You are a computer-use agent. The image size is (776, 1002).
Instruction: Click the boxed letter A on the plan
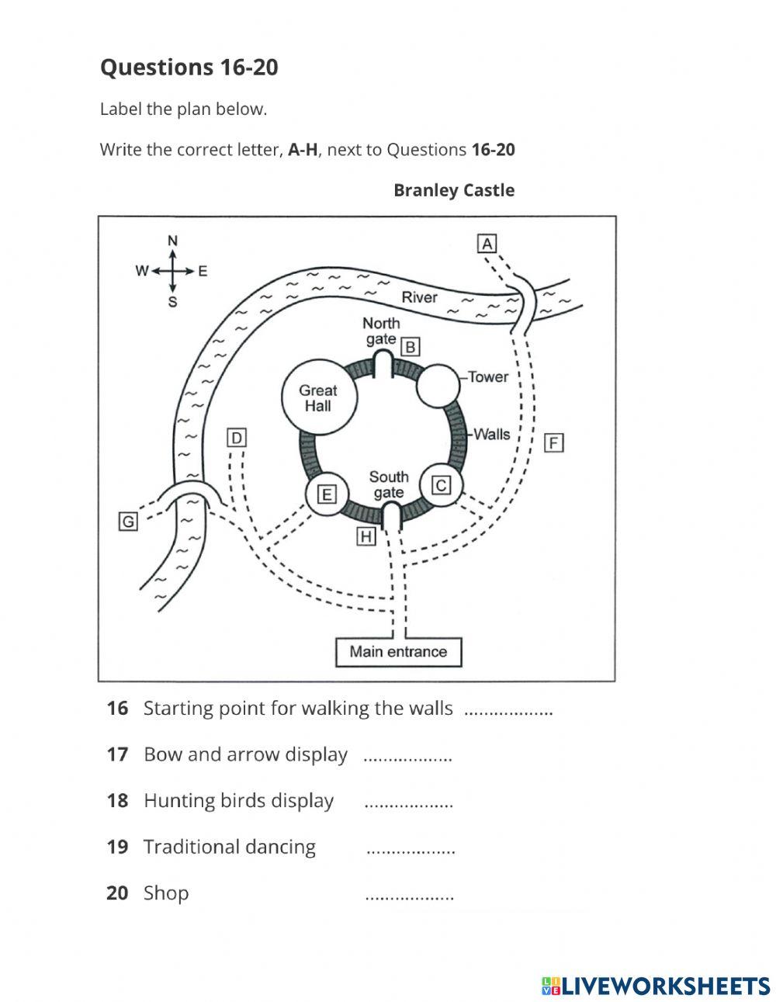(487, 244)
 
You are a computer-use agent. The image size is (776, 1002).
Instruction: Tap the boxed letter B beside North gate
(411, 346)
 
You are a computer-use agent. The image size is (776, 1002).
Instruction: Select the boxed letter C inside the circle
(441, 486)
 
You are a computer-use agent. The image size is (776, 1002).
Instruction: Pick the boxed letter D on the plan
(237, 438)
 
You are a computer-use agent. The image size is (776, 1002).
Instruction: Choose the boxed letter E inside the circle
(327, 494)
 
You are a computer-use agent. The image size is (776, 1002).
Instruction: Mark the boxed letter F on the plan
(553, 443)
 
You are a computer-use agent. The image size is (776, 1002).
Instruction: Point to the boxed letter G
(128, 522)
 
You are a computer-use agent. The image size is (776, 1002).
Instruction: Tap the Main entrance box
(398, 652)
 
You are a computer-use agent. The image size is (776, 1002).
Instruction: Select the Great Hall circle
(318, 398)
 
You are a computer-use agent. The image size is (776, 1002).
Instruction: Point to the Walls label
(492, 434)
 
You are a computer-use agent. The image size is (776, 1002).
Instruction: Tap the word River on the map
(419, 297)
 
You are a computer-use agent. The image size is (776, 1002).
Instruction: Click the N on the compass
(173, 241)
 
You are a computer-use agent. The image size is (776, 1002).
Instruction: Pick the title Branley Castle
(453, 190)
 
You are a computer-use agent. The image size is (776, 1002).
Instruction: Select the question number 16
(117, 708)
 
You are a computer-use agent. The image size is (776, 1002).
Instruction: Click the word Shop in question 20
(166, 893)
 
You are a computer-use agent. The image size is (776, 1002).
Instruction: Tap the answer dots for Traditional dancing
(410, 850)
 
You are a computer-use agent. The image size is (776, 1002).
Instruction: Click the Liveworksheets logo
(656, 986)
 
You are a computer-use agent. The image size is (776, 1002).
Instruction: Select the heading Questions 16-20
(189, 68)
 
